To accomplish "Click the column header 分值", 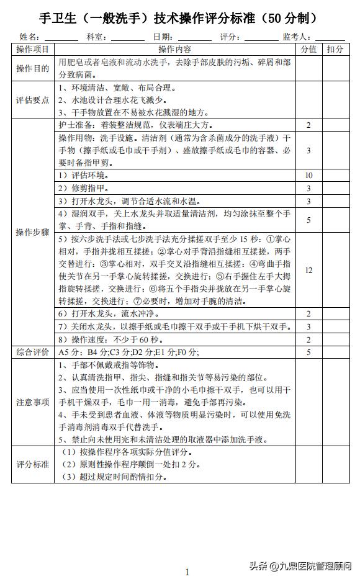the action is tap(308, 49).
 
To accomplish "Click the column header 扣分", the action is tap(335, 49).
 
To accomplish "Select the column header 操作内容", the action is tap(174, 49).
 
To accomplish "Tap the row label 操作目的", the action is tap(33, 68).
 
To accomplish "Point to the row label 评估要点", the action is tap(33, 101).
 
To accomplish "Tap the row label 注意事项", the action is tap(33, 402).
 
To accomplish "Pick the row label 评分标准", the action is tap(33, 464).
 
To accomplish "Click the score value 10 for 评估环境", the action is tap(308, 176).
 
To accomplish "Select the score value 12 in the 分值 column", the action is tap(308, 270).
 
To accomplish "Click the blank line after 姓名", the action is tap(61, 38).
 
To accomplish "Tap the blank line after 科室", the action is tap(127, 38).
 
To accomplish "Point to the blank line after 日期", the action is tap(194, 38).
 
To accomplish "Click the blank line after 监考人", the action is tap(330, 38).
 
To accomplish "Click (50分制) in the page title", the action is tap(289, 17).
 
